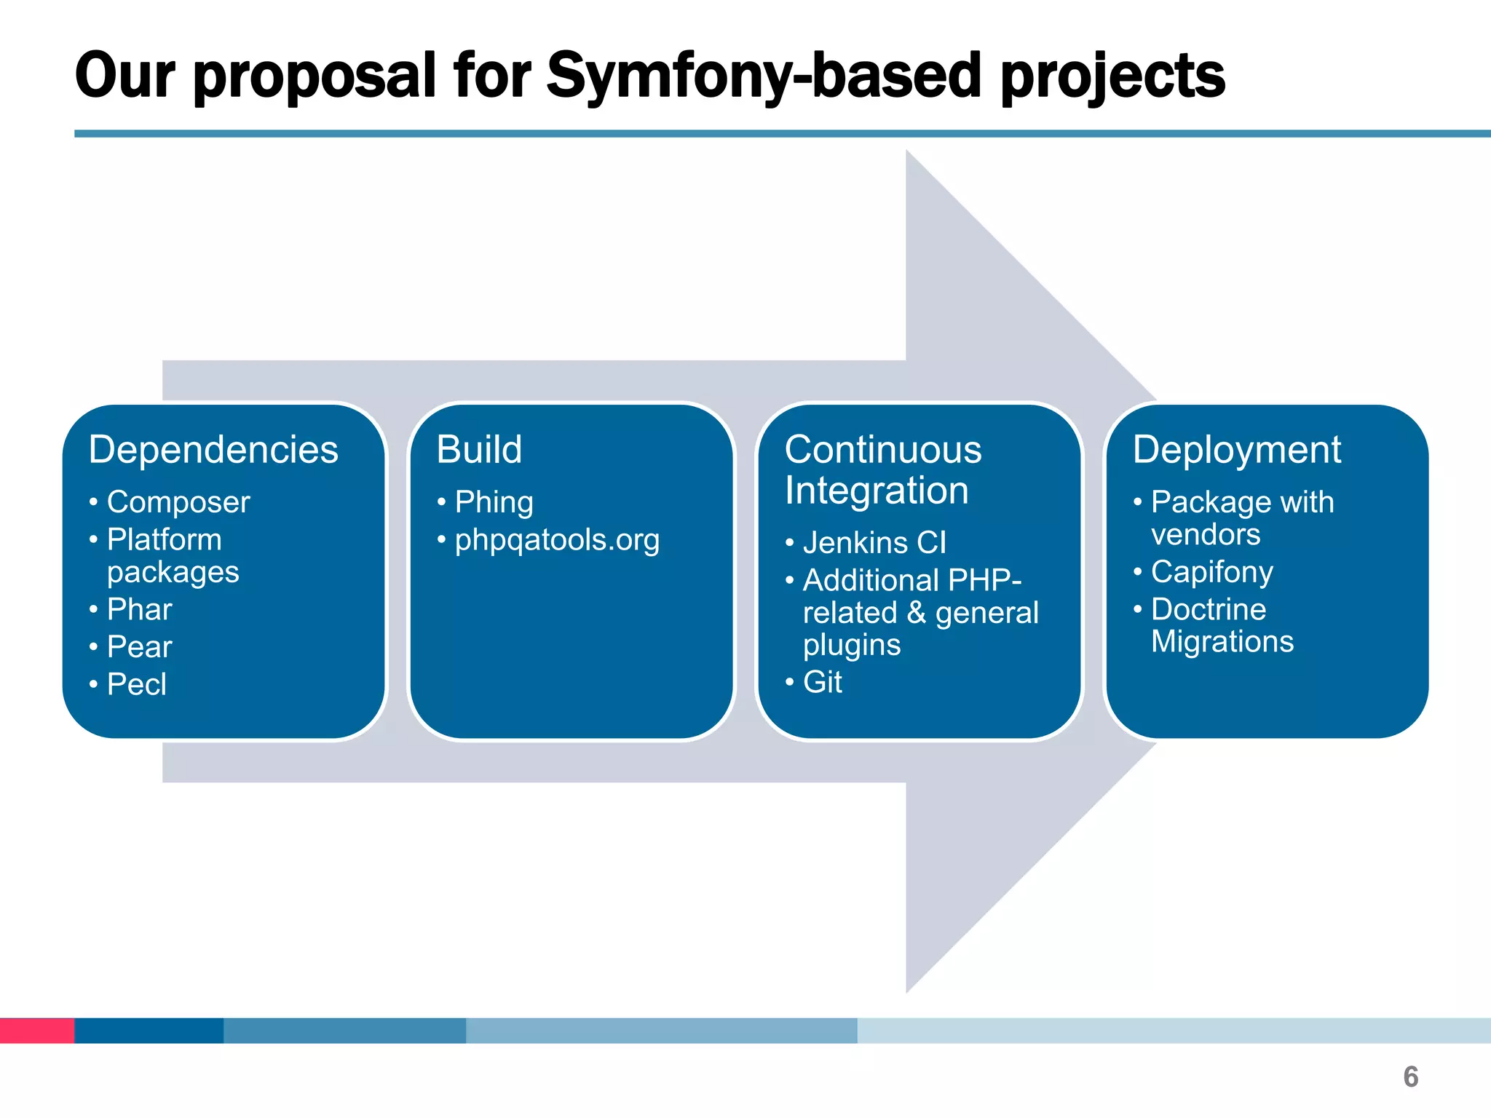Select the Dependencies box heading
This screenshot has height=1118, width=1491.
213,449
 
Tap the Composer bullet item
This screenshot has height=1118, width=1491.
178,502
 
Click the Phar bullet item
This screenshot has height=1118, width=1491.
139,609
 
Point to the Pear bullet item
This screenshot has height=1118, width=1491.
139,646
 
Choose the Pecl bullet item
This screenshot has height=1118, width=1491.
136,684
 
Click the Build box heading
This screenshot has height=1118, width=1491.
479,449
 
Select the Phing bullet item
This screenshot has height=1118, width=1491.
494,502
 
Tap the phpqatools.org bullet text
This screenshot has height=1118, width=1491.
557,540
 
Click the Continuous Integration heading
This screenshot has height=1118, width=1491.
882,469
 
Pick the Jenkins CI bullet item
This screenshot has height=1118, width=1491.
874,543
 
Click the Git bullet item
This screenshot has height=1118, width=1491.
822,682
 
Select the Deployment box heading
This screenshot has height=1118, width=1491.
1236,449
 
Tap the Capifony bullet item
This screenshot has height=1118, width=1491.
1211,572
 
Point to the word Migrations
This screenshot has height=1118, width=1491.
1222,641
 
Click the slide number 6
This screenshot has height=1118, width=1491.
1410,1077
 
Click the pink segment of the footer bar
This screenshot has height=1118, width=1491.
36,1030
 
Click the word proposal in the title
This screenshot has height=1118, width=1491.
315,76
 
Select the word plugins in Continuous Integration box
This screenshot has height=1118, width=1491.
851,645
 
